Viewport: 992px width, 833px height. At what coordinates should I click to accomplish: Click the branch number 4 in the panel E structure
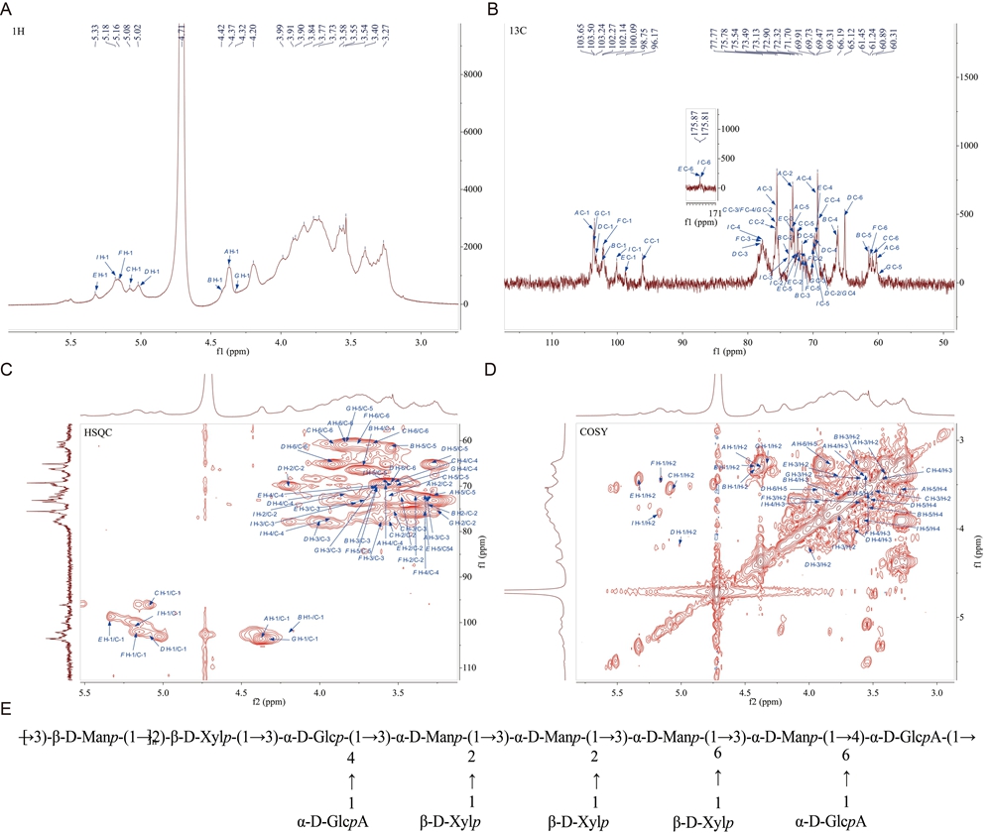(x=324, y=757)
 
